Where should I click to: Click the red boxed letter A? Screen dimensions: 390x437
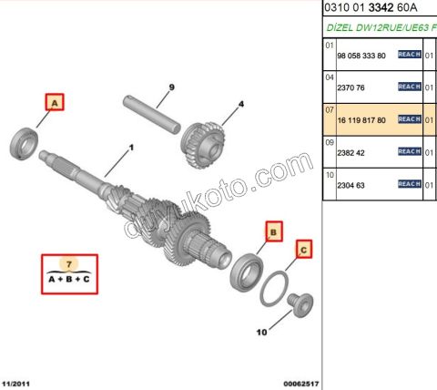[x=54, y=104]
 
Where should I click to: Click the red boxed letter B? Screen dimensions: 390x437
[x=272, y=231]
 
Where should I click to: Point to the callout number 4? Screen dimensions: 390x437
[x=241, y=105]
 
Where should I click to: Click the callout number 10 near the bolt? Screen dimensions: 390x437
[x=261, y=333]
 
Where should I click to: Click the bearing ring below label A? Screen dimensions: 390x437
[x=24, y=143]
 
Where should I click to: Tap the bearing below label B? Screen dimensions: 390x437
[x=247, y=272]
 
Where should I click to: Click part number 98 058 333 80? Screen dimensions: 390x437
[x=361, y=55]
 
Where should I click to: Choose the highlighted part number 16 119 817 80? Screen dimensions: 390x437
[x=361, y=119]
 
